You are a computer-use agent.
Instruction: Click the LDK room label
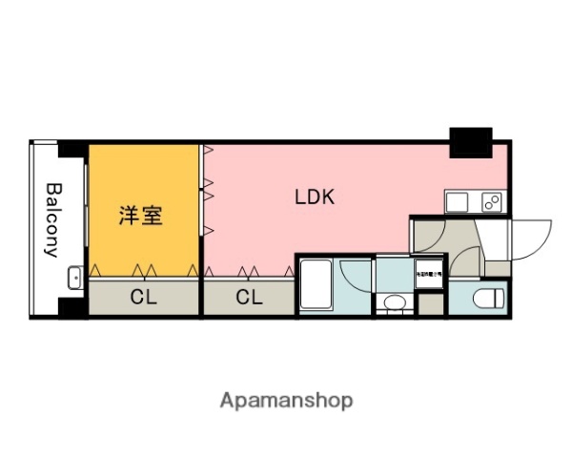tap(314, 198)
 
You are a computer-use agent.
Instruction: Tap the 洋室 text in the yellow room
tap(140, 215)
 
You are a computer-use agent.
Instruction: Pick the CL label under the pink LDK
tap(248, 297)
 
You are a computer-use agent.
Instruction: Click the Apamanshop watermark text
tap(286, 401)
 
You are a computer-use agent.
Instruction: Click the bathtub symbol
tap(317, 285)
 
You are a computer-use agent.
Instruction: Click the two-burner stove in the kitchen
tap(491, 203)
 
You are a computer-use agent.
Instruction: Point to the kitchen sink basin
tap(457, 202)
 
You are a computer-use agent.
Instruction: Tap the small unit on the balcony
tap(75, 279)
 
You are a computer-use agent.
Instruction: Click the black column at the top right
tap(471, 142)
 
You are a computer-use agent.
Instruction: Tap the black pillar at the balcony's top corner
tap(72, 149)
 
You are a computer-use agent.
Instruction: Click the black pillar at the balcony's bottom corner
tap(72, 307)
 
